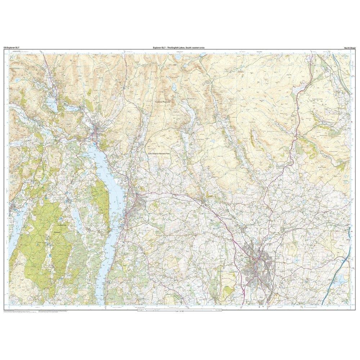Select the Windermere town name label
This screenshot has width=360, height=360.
point(139,196)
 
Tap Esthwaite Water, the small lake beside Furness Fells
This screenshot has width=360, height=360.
point(75,216)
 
